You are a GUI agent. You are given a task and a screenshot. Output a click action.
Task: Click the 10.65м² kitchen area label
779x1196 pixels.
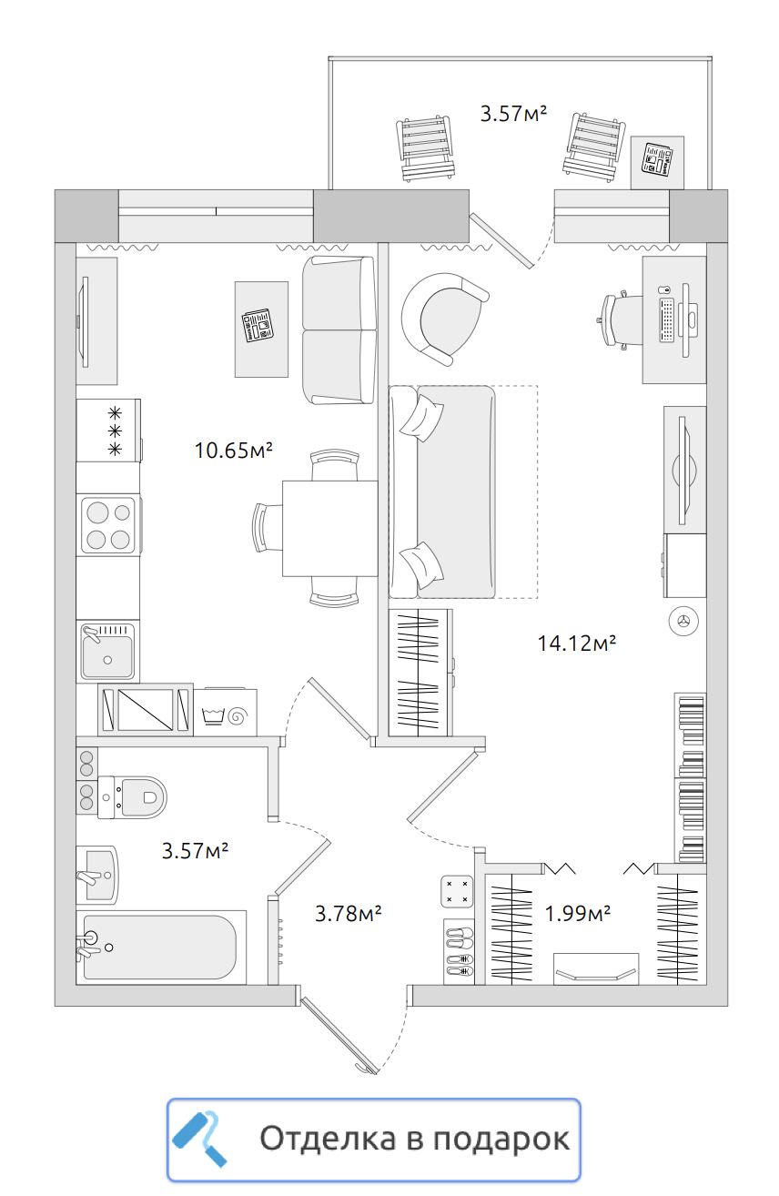click(x=233, y=451)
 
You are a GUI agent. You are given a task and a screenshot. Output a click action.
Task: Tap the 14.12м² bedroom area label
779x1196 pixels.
click(x=577, y=643)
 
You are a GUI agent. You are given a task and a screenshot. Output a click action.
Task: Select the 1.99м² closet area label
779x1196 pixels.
click(x=577, y=914)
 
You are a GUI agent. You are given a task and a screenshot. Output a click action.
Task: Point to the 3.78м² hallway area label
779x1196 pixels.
click(x=349, y=914)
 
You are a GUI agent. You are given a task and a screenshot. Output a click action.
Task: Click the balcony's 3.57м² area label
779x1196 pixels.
click(x=513, y=114)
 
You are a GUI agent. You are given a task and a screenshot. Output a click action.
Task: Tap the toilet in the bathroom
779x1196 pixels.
click(x=132, y=797)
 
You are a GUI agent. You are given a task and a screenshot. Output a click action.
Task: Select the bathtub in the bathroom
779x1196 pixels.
click(x=160, y=948)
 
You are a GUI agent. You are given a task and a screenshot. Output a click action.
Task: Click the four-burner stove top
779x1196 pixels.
click(x=108, y=525)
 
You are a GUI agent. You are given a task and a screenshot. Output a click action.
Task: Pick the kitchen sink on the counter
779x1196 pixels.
click(x=107, y=652)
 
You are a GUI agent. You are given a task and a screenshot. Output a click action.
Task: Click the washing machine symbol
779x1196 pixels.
click(x=225, y=713)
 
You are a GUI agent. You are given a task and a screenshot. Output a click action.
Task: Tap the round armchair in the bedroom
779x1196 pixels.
click(x=443, y=319)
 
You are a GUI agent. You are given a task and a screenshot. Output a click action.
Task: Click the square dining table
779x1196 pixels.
click(x=330, y=529)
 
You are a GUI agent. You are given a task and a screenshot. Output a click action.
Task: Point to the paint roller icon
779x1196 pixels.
click(x=199, y=1139)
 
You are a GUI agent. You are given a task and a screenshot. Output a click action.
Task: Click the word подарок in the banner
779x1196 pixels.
click(x=501, y=1140)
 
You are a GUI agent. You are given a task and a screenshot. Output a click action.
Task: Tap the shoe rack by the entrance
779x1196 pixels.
click(x=460, y=951)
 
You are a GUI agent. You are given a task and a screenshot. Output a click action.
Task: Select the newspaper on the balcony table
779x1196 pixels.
click(x=657, y=159)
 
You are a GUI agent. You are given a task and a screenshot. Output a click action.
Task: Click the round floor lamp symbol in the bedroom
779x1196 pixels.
click(x=683, y=621)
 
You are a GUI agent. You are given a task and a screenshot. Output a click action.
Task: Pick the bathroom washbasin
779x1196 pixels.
click(x=97, y=875)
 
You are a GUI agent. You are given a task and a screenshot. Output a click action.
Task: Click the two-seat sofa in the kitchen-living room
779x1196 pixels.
click(x=339, y=330)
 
